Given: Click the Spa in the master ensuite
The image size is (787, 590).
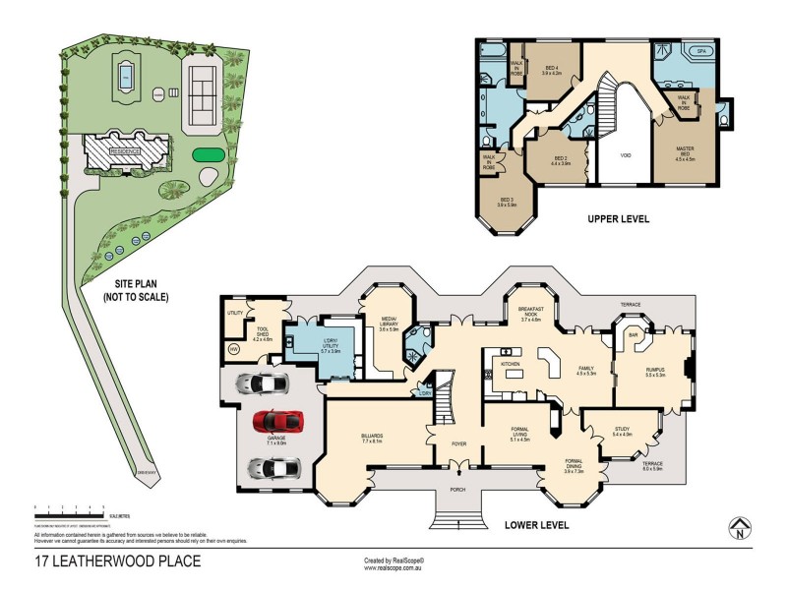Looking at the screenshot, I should [x=702, y=51].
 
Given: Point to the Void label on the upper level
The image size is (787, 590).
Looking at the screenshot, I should [x=625, y=155].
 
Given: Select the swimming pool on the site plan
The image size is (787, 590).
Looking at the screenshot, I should [x=127, y=76].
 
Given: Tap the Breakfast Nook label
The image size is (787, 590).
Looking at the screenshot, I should [x=531, y=313].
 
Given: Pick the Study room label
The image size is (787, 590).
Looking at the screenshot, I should [x=622, y=429].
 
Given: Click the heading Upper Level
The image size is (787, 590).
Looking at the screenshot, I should [x=619, y=218].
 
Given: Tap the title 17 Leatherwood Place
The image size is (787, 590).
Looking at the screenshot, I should [x=117, y=561].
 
